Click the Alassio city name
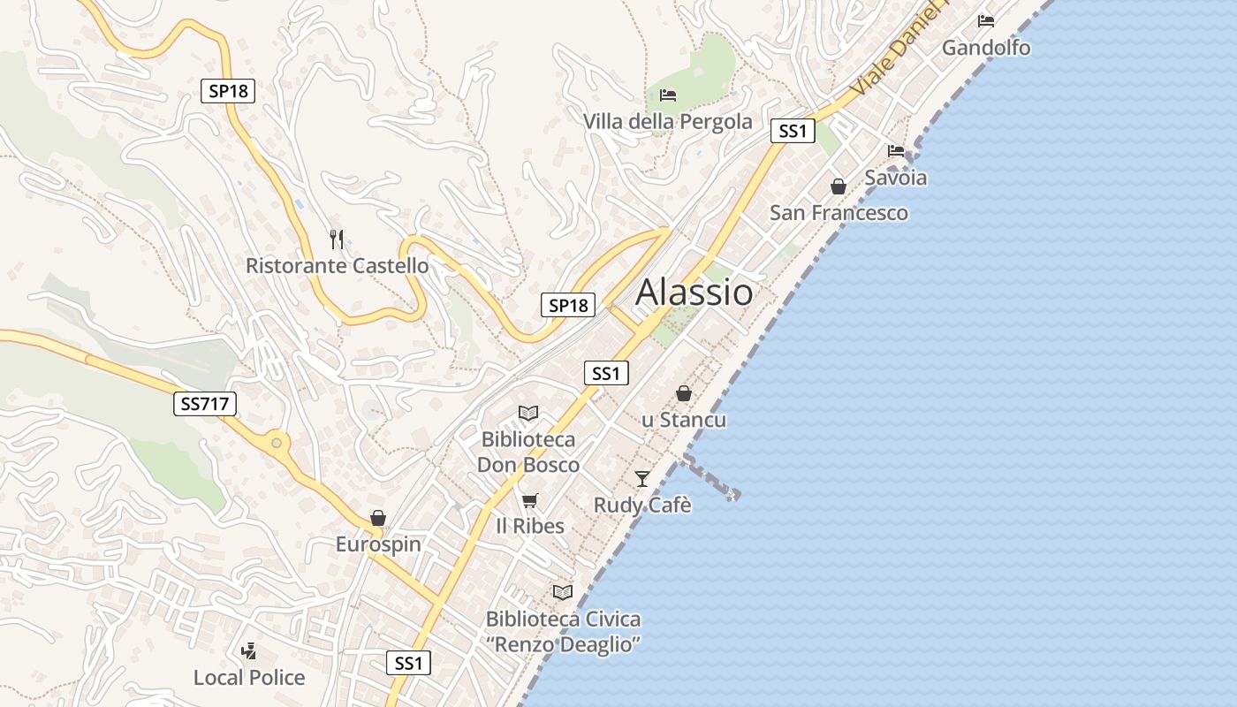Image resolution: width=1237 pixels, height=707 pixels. tap(694, 292)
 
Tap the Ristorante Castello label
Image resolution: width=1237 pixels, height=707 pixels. tap(337, 265)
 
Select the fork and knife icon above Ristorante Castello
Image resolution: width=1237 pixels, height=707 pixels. tap(336, 239)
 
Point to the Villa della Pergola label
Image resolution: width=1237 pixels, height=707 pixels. tap(668, 121)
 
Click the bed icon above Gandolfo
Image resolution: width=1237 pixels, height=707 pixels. tap(986, 20)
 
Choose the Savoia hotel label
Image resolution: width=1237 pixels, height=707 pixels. tap(896, 178)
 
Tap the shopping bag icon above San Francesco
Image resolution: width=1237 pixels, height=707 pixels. tap(839, 186)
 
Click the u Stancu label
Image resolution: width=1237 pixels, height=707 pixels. tap(684, 420)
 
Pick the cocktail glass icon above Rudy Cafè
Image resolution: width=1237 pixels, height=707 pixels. tap(642, 478)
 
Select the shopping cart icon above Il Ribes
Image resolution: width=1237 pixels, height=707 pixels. tap(529, 501)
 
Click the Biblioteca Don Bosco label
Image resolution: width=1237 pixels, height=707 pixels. tap(528, 452)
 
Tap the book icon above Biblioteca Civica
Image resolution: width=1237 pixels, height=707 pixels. tap(563, 592)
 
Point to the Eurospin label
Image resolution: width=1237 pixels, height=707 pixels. tap(378, 544)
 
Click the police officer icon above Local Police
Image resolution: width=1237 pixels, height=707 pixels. tap(249, 652)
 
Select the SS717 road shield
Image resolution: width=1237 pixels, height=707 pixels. tap(204, 405)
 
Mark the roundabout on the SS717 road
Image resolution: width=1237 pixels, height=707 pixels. tap(277, 442)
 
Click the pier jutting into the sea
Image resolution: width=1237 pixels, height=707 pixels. tap(711, 477)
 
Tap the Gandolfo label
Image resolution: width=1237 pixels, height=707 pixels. tap(986, 47)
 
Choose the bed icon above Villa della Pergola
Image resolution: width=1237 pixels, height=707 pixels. tap(668, 95)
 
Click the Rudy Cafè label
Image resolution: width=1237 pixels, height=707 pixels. tap(642, 506)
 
